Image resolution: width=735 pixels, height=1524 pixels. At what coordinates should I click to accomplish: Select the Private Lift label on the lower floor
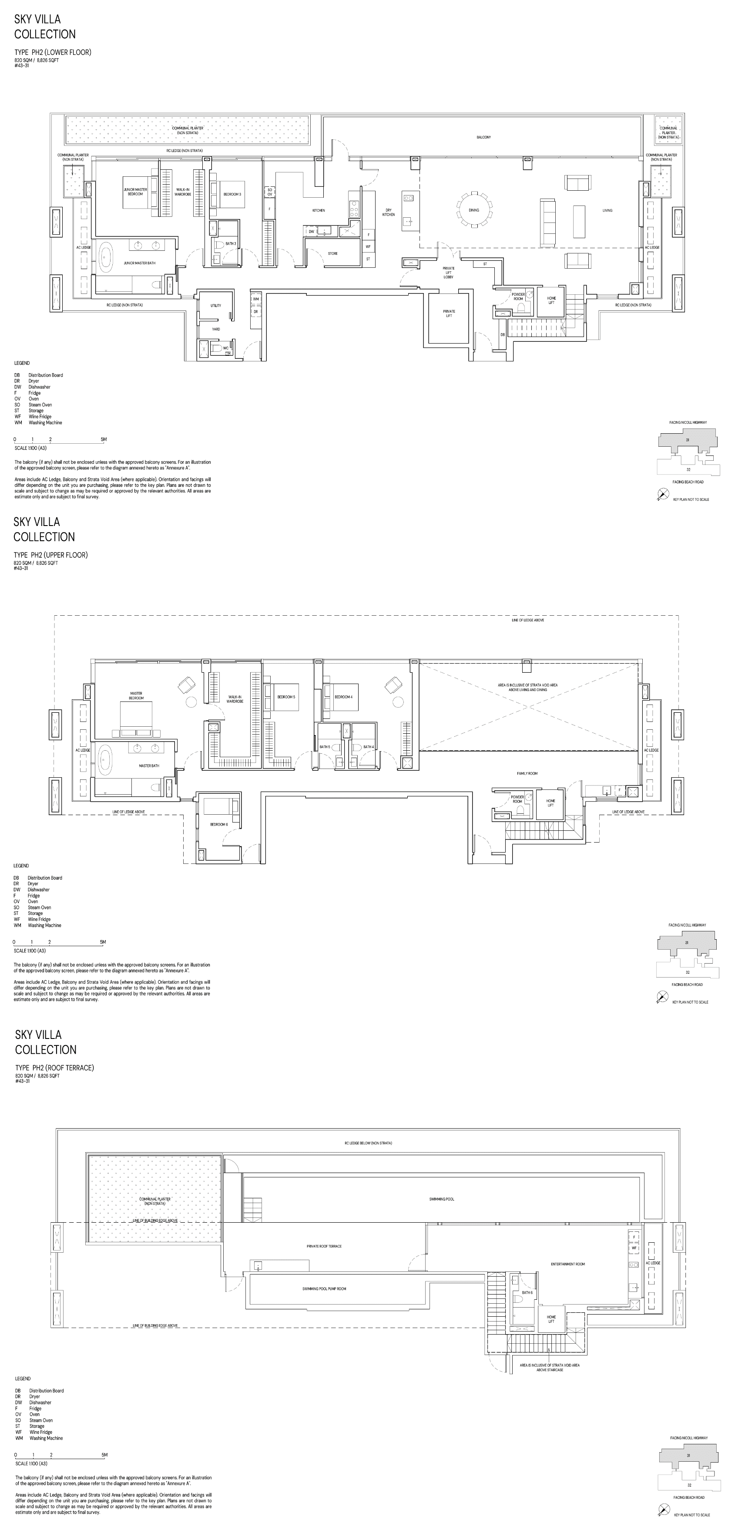pyautogui.click(x=449, y=313)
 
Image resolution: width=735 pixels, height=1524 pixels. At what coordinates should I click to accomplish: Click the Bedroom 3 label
pyautogui.click(x=232, y=194)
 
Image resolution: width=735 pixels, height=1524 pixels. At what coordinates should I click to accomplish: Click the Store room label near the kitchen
pyautogui.click(x=333, y=253)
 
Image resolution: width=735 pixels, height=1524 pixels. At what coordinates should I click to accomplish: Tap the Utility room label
pyautogui.click(x=216, y=305)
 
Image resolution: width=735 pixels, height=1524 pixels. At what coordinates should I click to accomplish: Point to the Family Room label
pyautogui.click(x=527, y=773)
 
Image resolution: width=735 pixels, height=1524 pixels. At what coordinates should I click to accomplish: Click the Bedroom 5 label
pyautogui.click(x=286, y=697)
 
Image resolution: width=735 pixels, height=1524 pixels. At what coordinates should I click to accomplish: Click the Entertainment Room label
pyautogui.click(x=567, y=1264)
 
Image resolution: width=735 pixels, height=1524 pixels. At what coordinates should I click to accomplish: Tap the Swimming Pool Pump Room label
pyautogui.click(x=324, y=1288)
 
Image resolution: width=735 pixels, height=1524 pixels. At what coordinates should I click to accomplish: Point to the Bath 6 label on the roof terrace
pyautogui.click(x=527, y=1293)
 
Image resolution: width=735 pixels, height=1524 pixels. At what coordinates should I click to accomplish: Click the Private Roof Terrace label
pyautogui.click(x=324, y=1246)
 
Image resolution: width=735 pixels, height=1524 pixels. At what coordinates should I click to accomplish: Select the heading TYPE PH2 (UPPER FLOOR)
pyautogui.click(x=51, y=555)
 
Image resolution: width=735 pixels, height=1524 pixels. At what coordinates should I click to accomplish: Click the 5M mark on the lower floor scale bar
pyautogui.click(x=104, y=440)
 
